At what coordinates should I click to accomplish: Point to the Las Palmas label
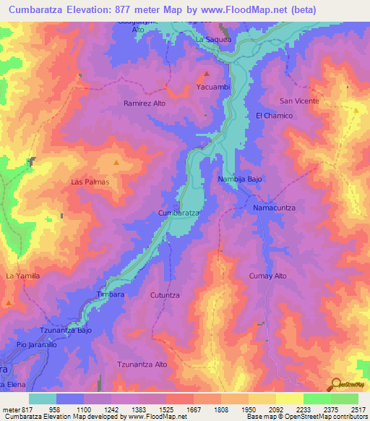[90, 182]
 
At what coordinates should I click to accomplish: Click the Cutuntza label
[165, 295]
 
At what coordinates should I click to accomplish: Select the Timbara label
[111, 295]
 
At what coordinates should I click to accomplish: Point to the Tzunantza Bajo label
[66, 330]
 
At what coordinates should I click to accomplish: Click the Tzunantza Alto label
[142, 365]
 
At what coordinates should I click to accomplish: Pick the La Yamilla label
[22, 276]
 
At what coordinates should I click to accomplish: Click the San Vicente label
[299, 101]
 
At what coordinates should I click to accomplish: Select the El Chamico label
[274, 116]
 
